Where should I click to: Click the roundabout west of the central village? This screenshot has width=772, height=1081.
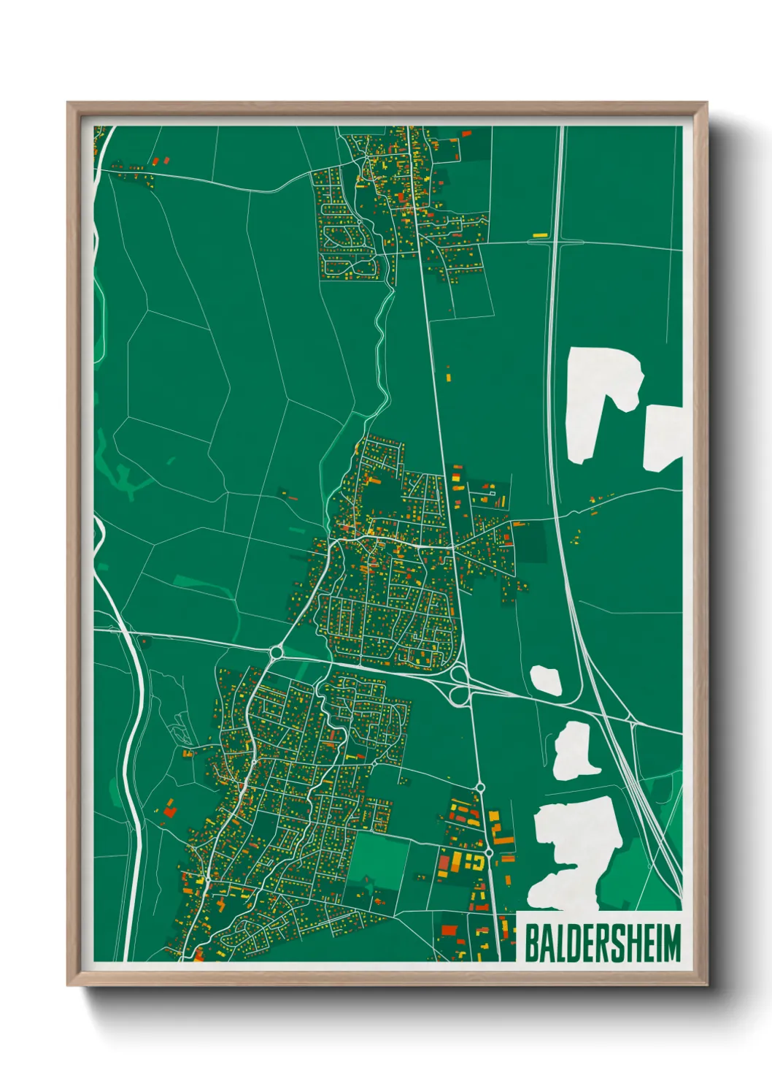[x=277, y=650]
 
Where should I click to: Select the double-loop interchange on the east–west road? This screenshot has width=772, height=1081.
[x=459, y=685]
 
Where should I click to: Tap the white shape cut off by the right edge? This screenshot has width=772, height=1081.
[x=662, y=436]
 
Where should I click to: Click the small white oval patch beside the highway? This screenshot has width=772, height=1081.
[x=546, y=679]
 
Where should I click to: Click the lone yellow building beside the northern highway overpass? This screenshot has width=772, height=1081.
[x=540, y=234]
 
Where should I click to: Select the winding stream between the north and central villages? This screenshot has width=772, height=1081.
[x=379, y=351]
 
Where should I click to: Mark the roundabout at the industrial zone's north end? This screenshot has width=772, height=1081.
[x=480, y=787]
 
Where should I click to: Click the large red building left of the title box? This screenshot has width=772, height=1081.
[x=449, y=931]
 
